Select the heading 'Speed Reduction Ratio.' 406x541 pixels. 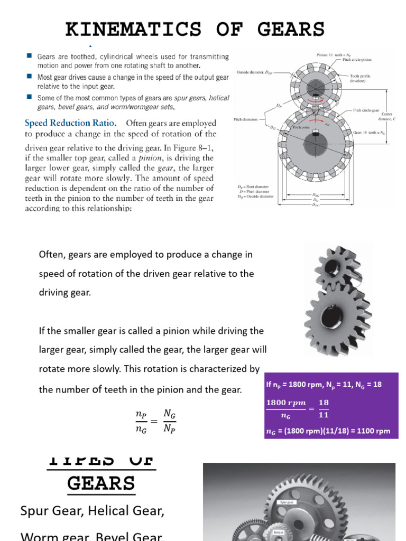(x=67, y=123)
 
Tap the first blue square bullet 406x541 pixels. (x=29, y=55)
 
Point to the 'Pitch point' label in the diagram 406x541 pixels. (x=301, y=127)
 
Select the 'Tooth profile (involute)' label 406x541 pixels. (x=361, y=78)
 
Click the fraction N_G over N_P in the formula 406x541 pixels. (x=169, y=421)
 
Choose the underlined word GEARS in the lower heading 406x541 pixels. (x=101, y=483)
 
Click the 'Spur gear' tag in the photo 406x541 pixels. (x=287, y=502)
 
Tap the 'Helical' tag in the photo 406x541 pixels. (x=279, y=532)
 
